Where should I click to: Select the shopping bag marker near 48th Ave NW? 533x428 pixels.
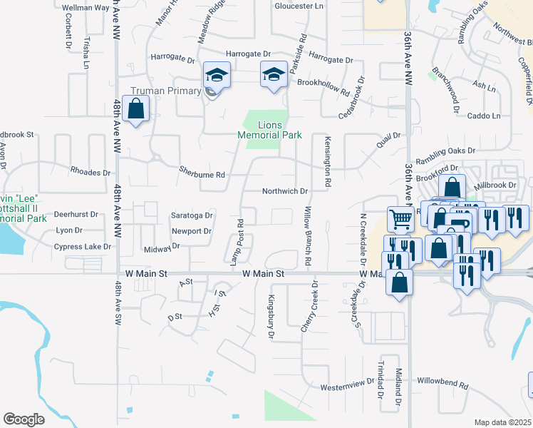(135, 111)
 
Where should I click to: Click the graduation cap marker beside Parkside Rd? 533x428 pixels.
(273, 75)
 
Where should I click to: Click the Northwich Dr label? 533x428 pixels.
(284, 191)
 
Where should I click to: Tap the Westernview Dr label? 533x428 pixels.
(347, 385)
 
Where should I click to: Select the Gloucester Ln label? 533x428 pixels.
(299, 6)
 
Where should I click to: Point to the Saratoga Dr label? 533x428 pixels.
(192, 215)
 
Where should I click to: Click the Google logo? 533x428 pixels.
(24, 419)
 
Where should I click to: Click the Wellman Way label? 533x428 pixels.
(86, 8)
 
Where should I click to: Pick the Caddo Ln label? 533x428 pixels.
(485, 116)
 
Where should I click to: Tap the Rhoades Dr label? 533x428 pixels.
(90, 173)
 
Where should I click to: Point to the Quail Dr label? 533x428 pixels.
(389, 136)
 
